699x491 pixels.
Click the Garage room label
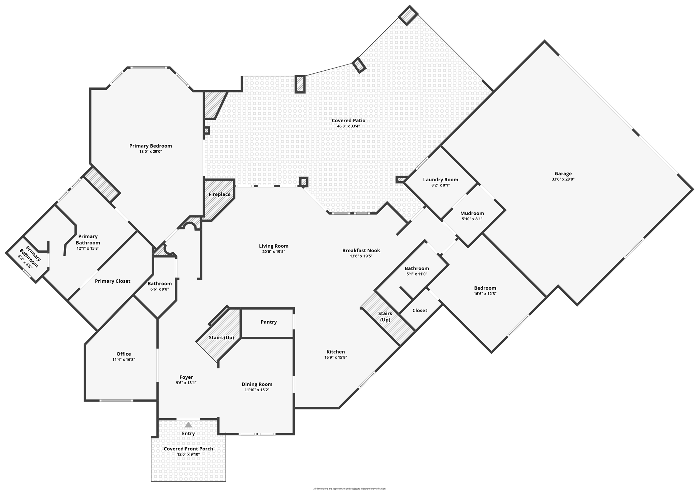point(563,173)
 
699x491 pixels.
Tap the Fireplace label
point(219,194)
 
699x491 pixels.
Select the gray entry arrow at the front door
point(188,425)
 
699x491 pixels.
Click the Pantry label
point(269,322)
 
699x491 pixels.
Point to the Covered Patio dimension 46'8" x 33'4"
point(348,126)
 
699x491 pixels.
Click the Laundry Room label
point(440,180)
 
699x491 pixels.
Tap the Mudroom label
point(472,213)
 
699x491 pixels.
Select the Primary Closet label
point(113,281)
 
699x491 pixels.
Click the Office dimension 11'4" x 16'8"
point(124,360)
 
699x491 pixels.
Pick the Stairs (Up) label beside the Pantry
point(221,338)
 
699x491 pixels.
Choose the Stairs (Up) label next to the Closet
point(385,317)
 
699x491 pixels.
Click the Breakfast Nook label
point(361,250)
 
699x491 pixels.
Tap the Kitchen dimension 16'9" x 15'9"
point(336,357)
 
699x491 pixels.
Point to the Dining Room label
point(257,384)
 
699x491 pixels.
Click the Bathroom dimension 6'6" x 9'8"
point(159,289)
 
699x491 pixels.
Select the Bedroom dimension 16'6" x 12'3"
point(485,294)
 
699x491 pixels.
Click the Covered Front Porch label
point(188,449)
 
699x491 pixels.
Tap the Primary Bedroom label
point(151,146)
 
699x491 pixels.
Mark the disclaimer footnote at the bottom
point(349,489)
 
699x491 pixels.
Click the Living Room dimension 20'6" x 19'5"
point(273,252)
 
